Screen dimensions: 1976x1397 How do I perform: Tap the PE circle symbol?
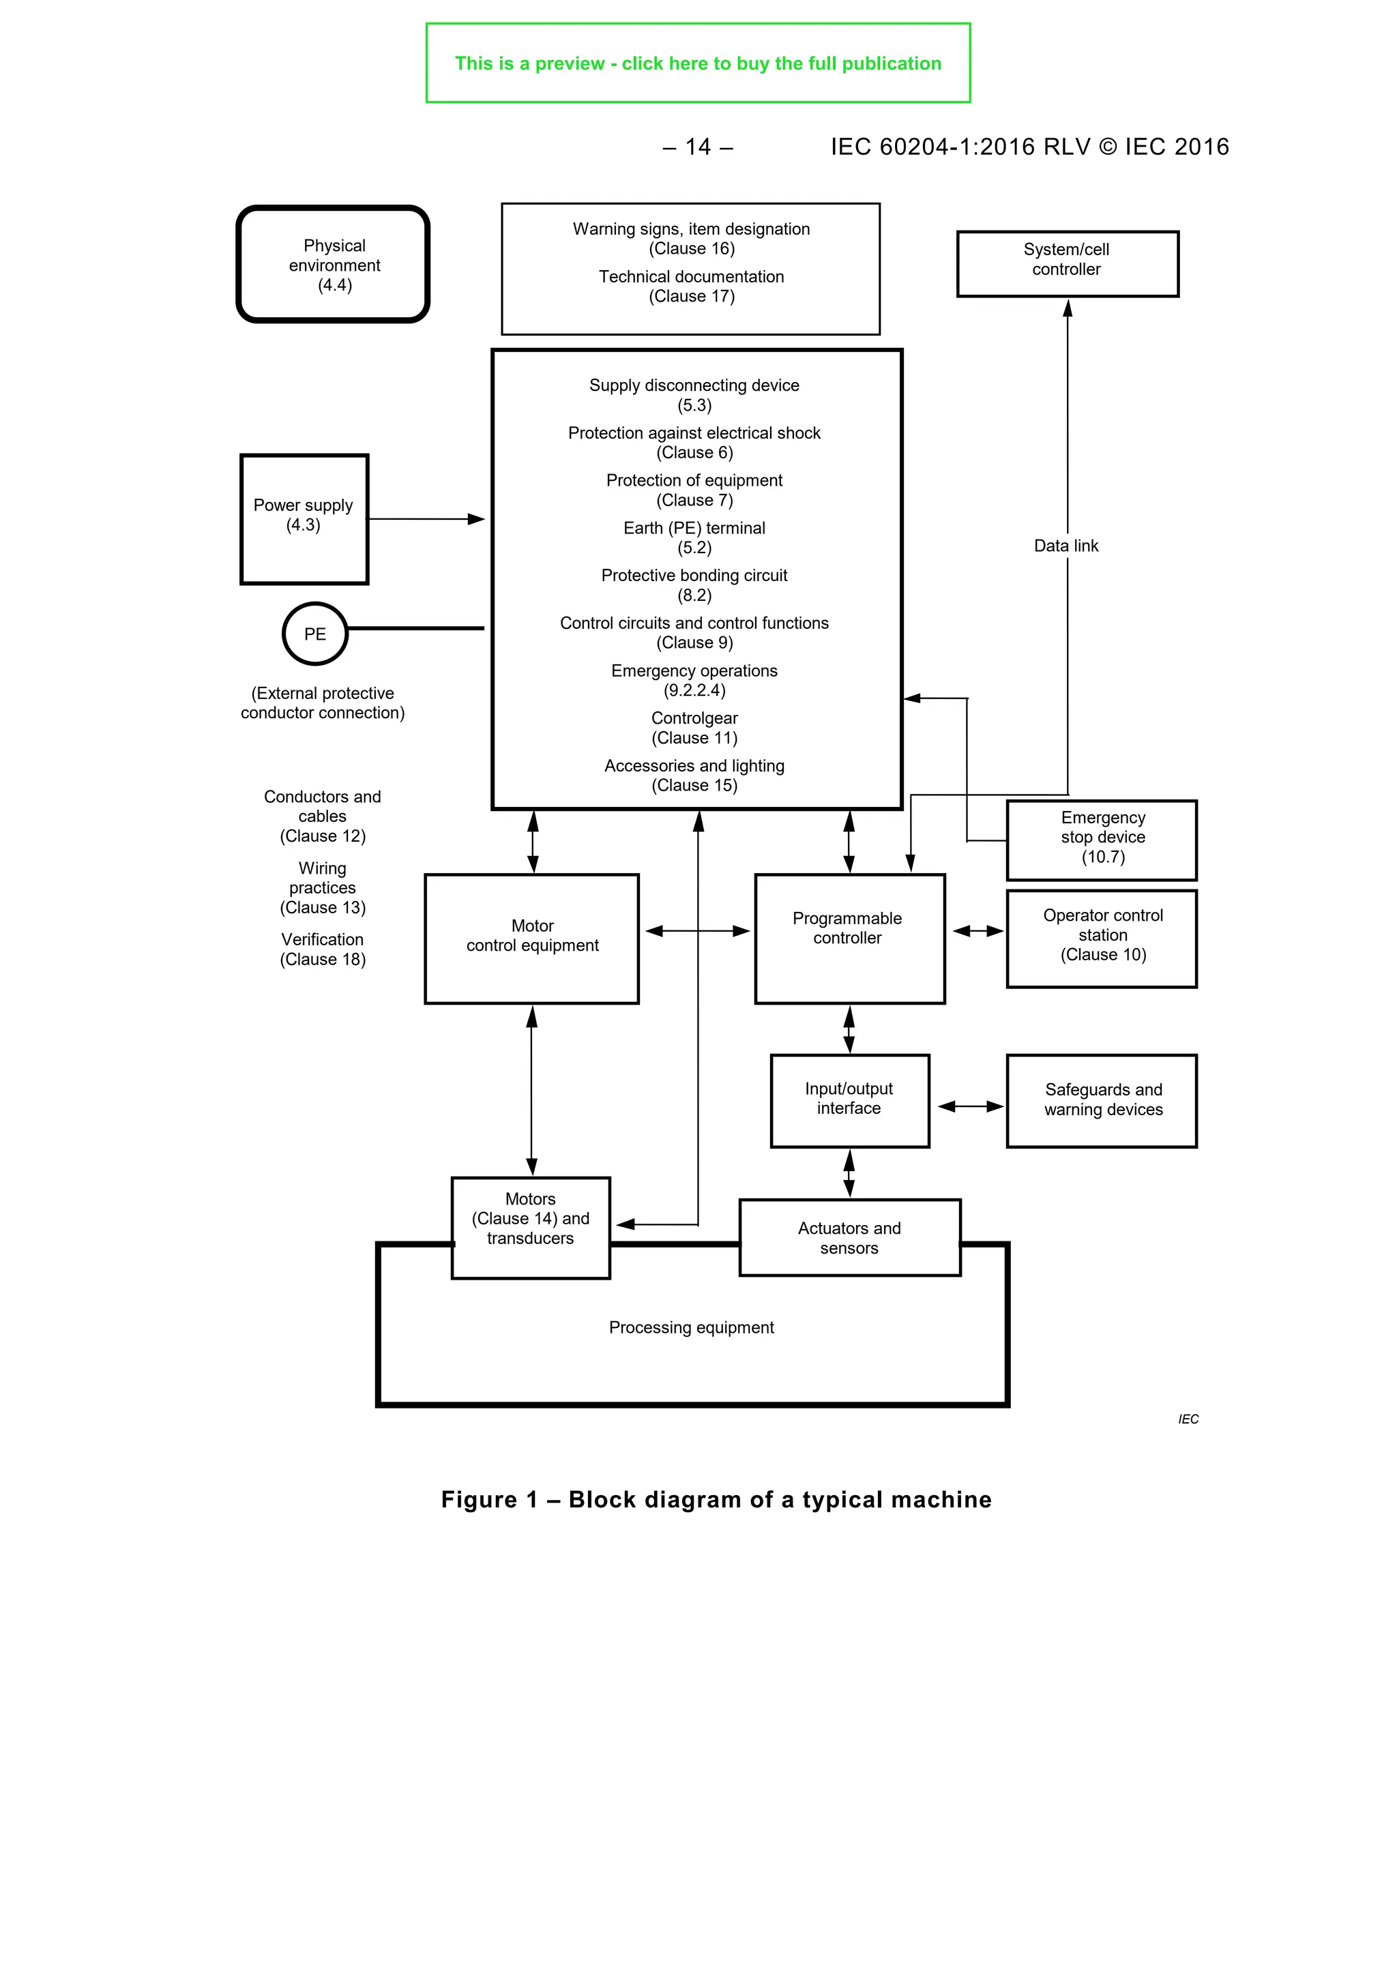pyautogui.click(x=315, y=634)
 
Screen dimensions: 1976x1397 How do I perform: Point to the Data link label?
pyautogui.click(x=1065, y=546)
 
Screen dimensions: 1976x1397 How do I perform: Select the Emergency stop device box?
pyautogui.click(x=1102, y=839)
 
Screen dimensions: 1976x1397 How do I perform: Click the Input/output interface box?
pyautogui.click(x=849, y=1100)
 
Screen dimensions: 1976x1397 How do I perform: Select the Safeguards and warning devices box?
pyautogui.click(x=1102, y=1100)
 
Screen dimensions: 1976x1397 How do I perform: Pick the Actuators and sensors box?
pyautogui.click(x=849, y=1237)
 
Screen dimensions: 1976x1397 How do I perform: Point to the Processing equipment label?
pyautogui.click(x=691, y=1327)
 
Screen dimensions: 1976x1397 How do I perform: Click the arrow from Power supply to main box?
pyautogui.click(x=426, y=519)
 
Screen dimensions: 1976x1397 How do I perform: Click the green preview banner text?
pyautogui.click(x=697, y=63)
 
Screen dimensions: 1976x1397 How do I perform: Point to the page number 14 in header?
pyautogui.click(x=698, y=147)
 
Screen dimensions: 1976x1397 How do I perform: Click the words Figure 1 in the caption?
pyautogui.click(x=489, y=1500)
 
